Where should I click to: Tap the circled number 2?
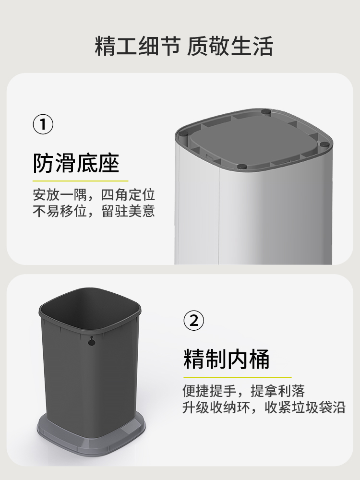[194, 320]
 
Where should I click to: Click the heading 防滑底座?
[76, 163]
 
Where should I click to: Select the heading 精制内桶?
[227, 359]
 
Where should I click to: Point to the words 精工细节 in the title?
[137, 48]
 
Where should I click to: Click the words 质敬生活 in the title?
[230, 48]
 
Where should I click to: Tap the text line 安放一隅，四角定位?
[94, 195]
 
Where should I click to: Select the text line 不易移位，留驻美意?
[94, 211]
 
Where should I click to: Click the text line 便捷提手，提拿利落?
[243, 391]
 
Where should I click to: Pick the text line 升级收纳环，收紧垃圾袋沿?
[264, 408]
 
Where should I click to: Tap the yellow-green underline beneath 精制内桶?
[237, 377]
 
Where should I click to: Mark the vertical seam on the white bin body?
[219, 216]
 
